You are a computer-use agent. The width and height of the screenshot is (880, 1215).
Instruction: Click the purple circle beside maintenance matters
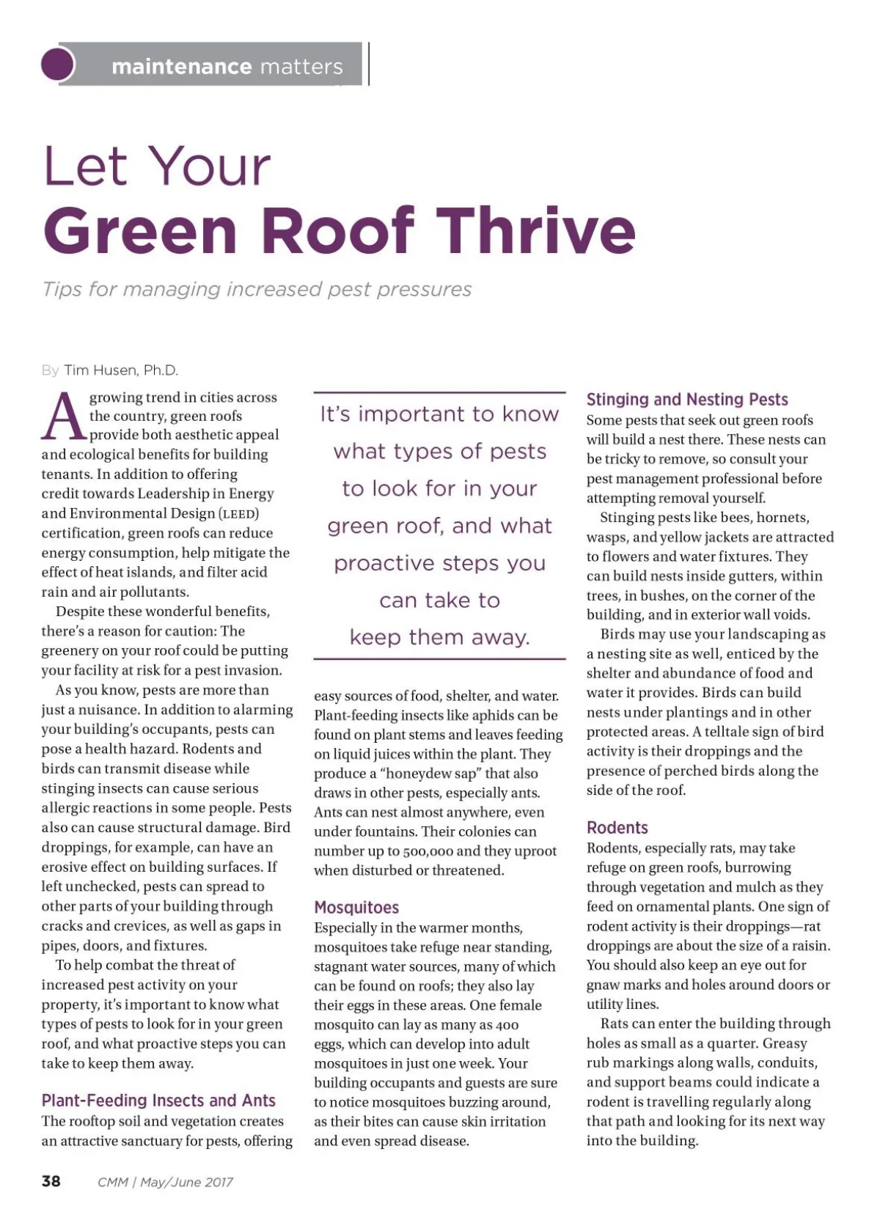coord(58,65)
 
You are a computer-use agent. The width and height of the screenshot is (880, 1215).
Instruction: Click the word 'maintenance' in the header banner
coord(181,67)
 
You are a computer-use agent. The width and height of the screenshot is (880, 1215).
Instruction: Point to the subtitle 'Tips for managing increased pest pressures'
coord(257,289)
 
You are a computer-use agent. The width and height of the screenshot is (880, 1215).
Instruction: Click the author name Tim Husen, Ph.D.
coord(121,370)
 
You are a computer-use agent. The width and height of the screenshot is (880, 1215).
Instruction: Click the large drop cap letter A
coord(63,417)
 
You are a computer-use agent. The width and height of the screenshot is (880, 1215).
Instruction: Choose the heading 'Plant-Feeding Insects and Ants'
coord(158,1101)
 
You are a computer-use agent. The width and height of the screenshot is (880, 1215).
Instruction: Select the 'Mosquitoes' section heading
coord(356,908)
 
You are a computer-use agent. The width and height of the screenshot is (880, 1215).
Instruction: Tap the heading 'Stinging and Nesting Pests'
coord(687,400)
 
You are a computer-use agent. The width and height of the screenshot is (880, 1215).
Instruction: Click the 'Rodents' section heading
coord(617,828)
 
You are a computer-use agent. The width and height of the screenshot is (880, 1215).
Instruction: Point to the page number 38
coord(51,1181)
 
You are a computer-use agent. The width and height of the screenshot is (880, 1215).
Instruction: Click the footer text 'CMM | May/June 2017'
coord(165,1182)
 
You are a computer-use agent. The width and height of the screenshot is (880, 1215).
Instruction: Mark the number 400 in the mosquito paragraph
coord(507,1025)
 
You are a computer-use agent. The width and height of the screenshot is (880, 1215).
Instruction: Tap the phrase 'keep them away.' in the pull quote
coord(439,637)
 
